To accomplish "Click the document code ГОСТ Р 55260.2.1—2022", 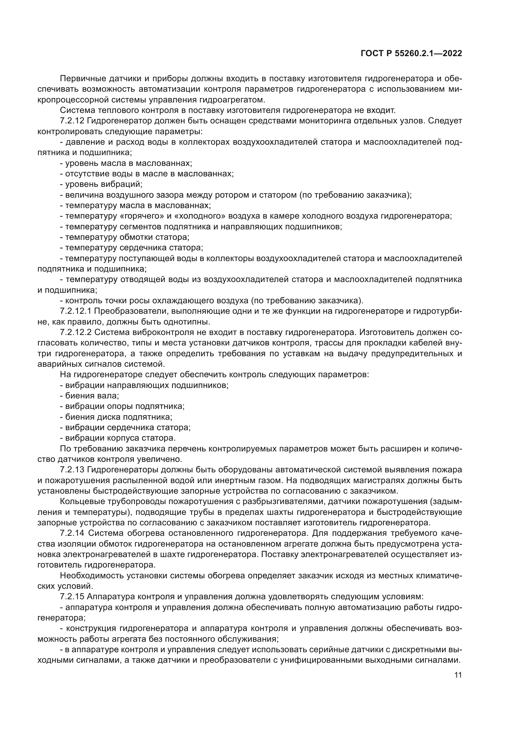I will point(411,54).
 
